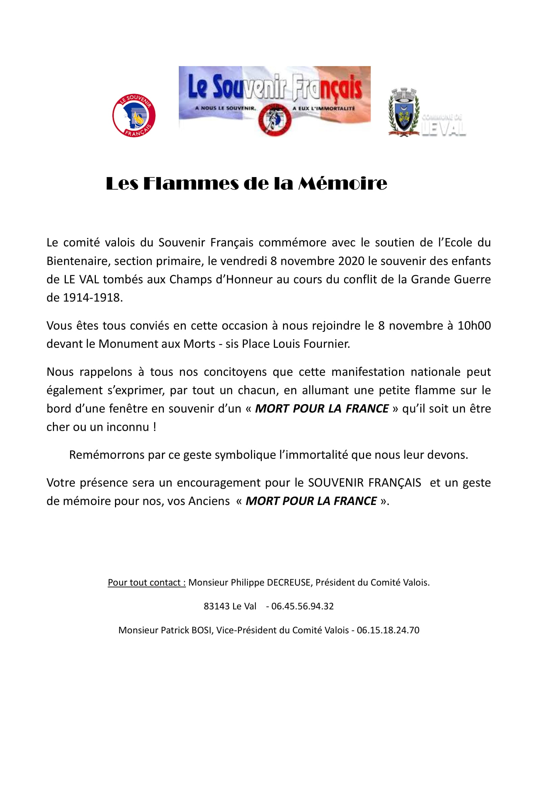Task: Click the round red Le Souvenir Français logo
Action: pos(134,115)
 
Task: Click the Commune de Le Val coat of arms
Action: pos(404,112)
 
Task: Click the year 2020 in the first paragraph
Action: pos(351,261)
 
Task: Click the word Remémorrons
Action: pos(107,455)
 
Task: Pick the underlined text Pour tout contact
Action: pos(147,583)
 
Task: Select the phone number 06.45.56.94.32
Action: pos(302,606)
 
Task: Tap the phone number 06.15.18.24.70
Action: pos(388,630)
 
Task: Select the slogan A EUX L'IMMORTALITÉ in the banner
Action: pos(323,108)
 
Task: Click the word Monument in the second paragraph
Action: pos(123,344)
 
